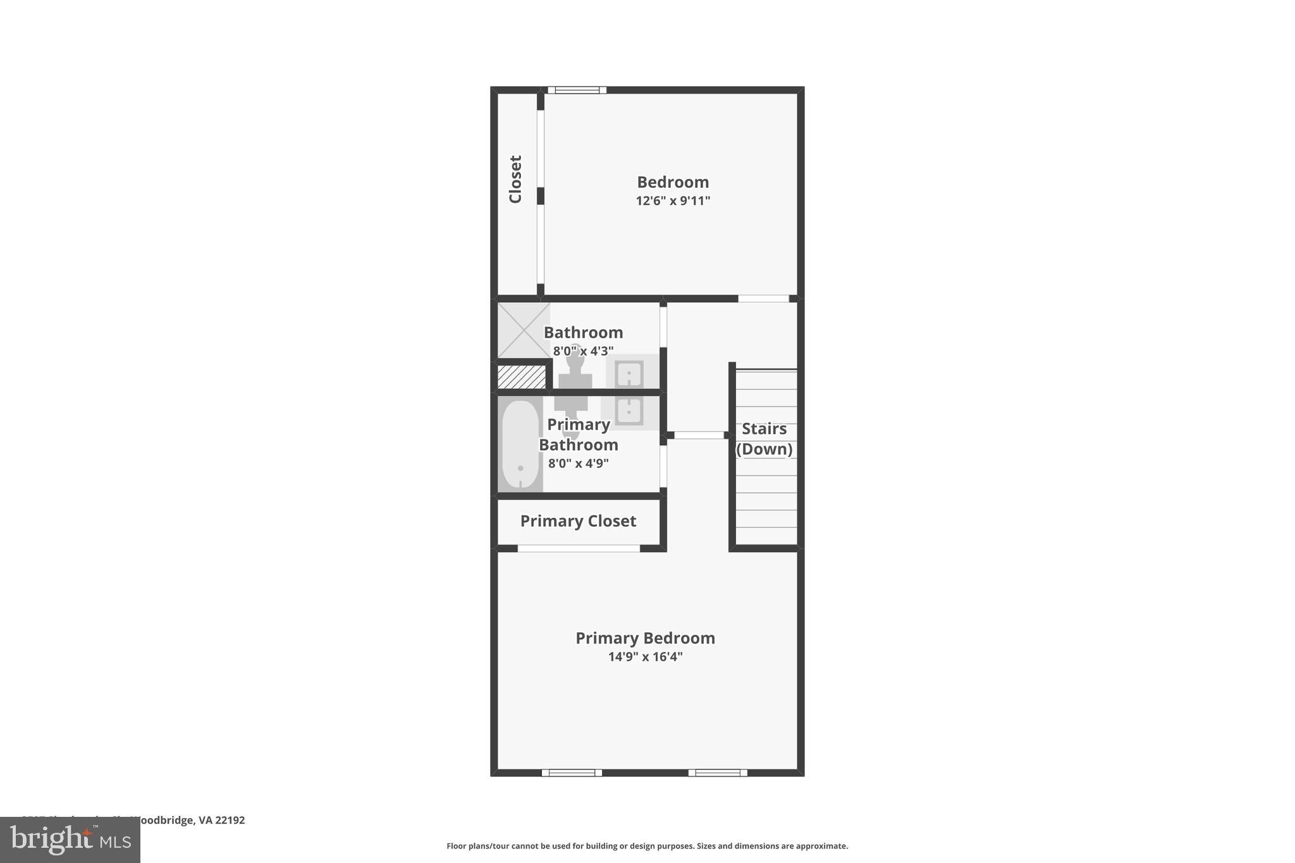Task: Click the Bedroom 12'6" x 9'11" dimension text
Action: coord(673,201)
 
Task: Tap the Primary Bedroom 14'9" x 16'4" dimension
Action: coord(645,657)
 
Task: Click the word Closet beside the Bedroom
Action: coord(515,179)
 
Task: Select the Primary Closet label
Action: coord(578,521)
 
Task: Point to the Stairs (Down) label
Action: coord(764,439)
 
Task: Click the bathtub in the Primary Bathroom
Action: coord(520,444)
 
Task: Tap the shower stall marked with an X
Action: coord(524,330)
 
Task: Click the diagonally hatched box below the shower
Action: coord(522,377)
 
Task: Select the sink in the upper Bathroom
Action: coord(629,374)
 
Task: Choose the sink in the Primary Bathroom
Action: coord(629,411)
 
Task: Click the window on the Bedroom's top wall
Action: coord(577,90)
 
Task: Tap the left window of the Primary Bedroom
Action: coord(572,773)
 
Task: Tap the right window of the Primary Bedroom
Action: coord(718,773)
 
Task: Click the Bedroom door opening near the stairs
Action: coord(763,298)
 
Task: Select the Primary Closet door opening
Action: coord(579,548)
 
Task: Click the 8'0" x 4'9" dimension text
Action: coord(578,463)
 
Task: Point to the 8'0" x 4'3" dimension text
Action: coord(583,351)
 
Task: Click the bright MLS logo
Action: coord(70,840)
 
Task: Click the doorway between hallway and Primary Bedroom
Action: coord(699,435)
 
